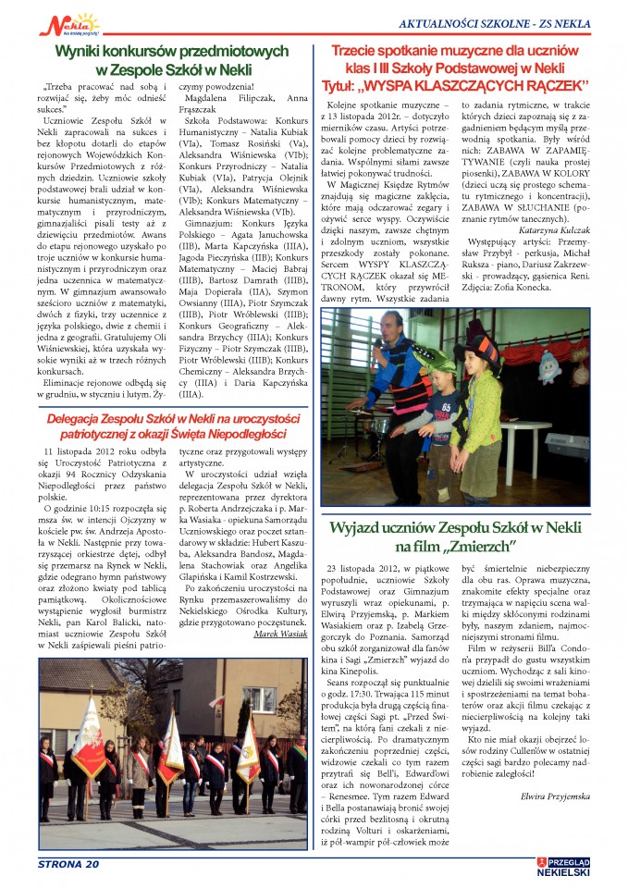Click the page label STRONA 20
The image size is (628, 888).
(68, 865)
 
